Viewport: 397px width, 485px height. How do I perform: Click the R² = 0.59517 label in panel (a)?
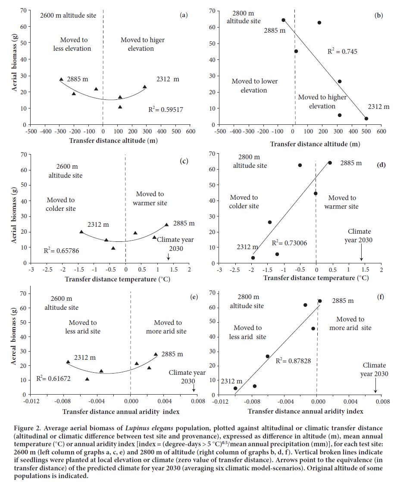(166, 110)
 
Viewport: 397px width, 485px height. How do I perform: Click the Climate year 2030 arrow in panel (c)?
(169, 256)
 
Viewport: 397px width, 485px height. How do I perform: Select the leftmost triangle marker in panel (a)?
(61, 80)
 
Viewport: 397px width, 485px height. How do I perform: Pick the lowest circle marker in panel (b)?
(366, 118)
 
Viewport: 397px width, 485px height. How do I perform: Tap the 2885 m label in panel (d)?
(351, 163)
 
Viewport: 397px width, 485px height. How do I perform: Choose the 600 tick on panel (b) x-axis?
(381, 132)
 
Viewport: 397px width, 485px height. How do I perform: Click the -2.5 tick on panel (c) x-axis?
(47, 270)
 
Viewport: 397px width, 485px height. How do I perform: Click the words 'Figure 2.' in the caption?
(22, 428)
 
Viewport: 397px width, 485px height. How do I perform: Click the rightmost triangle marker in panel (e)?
(156, 355)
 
